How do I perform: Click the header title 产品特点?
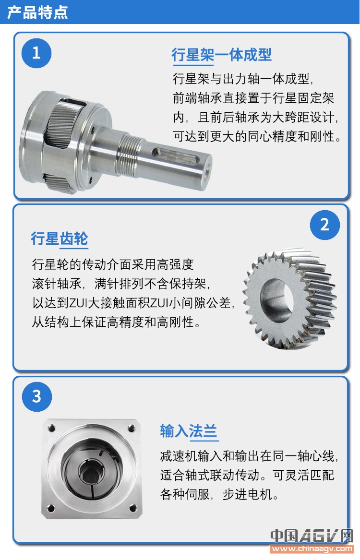tap(37, 12)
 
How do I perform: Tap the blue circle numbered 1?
tap(36, 53)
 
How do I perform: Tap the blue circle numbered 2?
tap(324, 225)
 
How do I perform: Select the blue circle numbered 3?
tap(37, 396)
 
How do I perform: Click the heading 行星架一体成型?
tap(221, 55)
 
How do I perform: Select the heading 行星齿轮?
tap(60, 238)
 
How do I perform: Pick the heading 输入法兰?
tap(189, 431)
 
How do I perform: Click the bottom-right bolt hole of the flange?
tap(133, 508)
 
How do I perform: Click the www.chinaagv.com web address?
tap(312, 548)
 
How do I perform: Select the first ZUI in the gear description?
tap(78, 303)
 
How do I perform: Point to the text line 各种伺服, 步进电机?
tap(219, 494)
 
